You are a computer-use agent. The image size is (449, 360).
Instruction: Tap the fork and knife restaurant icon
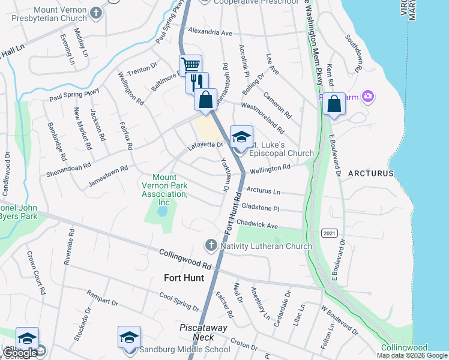[x=197, y=81]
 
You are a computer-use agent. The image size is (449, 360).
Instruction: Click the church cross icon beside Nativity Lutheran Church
[x=211, y=245]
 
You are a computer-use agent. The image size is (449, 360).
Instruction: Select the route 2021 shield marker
[x=329, y=233]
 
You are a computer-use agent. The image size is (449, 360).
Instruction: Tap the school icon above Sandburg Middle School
[x=129, y=338]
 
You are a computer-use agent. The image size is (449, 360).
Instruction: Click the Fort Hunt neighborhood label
[x=184, y=278]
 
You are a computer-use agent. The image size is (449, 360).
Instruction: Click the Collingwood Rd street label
[x=186, y=259]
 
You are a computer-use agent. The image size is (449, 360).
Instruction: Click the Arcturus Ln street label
[x=264, y=191]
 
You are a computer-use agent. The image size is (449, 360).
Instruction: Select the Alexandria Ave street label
[x=209, y=31]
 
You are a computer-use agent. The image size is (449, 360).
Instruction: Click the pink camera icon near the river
[x=368, y=96]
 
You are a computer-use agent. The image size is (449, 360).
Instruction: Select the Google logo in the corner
[x=20, y=353]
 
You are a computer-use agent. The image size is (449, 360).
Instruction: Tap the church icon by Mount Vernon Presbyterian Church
[x=95, y=13]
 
